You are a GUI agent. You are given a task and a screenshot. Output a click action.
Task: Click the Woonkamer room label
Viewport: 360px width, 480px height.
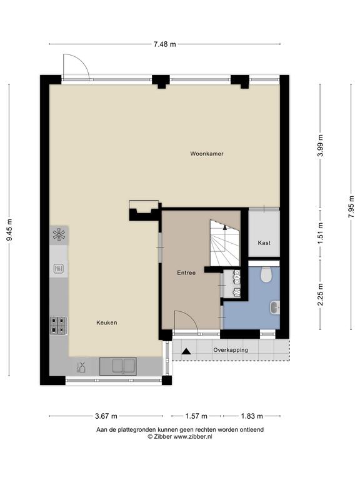207,154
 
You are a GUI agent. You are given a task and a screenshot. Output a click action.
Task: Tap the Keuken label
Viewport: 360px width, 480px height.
106,322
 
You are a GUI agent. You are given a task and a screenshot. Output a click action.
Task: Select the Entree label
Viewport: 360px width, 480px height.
186,272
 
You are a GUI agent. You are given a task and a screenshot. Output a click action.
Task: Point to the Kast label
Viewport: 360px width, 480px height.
264,242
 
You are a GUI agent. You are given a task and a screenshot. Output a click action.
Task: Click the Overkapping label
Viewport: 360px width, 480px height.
231,350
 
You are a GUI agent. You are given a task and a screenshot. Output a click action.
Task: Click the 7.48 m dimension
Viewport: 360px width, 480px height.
165,44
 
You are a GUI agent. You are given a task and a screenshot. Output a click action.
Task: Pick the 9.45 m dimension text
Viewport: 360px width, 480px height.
9,229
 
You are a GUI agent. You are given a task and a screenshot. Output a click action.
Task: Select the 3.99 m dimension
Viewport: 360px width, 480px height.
321,146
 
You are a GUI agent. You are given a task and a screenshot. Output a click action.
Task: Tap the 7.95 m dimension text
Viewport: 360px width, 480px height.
351,207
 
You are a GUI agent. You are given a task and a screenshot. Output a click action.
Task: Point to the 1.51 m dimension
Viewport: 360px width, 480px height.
321,233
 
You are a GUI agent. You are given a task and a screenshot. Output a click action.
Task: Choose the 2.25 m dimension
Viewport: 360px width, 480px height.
321,294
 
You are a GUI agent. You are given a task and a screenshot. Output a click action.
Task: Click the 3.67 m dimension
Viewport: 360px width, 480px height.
106,416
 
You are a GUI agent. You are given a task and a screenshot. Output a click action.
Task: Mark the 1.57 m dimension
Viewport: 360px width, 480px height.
196,416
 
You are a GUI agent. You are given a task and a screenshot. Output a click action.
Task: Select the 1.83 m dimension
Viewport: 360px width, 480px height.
252,416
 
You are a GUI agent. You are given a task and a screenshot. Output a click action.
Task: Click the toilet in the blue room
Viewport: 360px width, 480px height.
266,274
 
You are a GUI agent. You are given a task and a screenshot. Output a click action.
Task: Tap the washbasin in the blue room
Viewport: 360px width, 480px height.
274,307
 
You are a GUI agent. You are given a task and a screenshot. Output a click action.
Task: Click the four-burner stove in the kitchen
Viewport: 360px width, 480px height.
59,326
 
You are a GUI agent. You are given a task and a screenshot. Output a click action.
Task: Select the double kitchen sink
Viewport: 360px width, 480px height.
118,366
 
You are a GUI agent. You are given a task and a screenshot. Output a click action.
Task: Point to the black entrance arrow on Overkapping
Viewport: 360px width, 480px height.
186,351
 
